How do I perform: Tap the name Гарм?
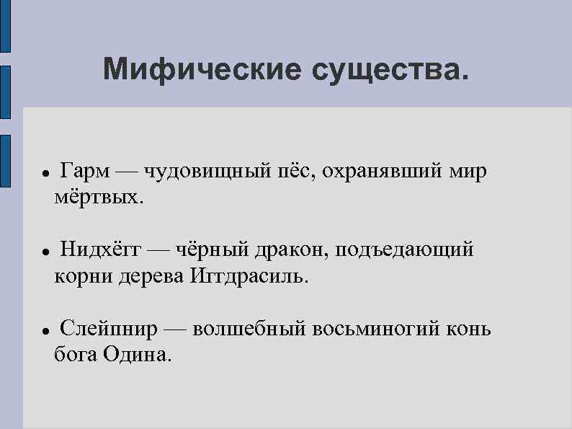coord(85,172)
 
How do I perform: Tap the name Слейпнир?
coord(108,330)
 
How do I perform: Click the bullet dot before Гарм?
coord(45,174)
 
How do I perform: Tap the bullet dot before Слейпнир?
coord(45,332)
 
